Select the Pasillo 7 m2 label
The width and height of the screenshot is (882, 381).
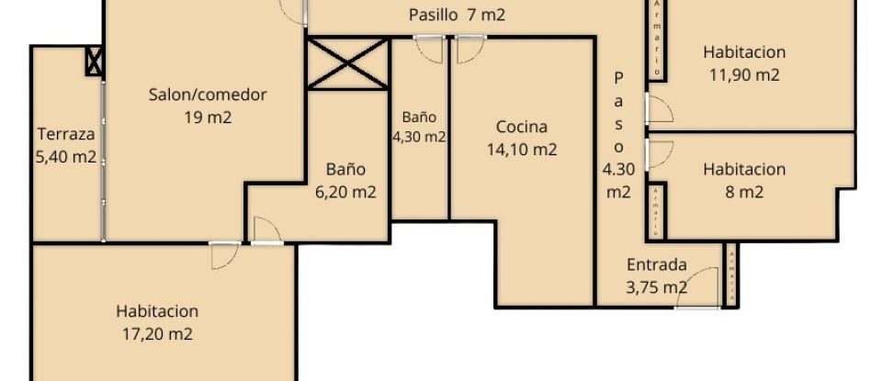coord(457,15)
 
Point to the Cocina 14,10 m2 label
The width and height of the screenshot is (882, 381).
coord(521,138)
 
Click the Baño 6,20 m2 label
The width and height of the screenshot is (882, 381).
coord(345,181)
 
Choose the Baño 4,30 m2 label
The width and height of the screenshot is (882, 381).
coord(419,128)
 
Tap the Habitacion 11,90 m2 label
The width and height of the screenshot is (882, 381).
coord(744,63)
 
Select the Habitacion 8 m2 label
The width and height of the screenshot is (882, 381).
coord(744,180)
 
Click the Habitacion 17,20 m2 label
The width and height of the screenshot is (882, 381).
coord(156,322)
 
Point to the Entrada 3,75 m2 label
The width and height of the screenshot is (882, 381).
coord(656,275)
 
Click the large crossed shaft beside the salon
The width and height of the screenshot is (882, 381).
coord(347,63)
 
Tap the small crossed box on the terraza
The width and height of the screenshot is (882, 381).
coord(94,62)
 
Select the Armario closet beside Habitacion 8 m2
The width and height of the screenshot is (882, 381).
coord(655,210)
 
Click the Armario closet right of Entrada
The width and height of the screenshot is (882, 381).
coord(730,275)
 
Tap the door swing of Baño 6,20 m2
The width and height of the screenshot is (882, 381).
coord(266,230)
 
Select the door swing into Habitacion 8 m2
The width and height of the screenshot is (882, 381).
coord(661,151)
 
